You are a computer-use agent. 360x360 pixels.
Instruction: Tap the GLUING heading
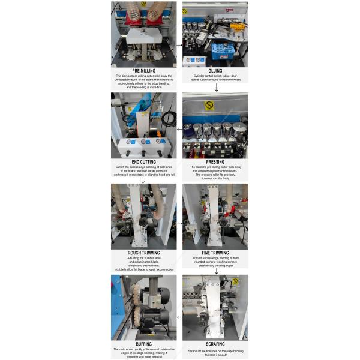click(x=215, y=70)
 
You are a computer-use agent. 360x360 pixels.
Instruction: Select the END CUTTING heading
click(x=144, y=161)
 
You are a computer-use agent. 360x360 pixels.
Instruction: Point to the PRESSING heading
click(x=215, y=161)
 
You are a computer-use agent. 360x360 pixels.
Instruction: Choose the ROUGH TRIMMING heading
click(x=144, y=253)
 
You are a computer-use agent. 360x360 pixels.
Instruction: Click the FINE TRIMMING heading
click(x=215, y=253)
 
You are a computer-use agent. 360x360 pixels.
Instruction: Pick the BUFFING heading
click(x=144, y=344)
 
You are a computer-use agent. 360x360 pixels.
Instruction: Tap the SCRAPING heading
click(x=215, y=344)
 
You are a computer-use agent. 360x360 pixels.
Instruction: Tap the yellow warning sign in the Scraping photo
click(x=235, y=281)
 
